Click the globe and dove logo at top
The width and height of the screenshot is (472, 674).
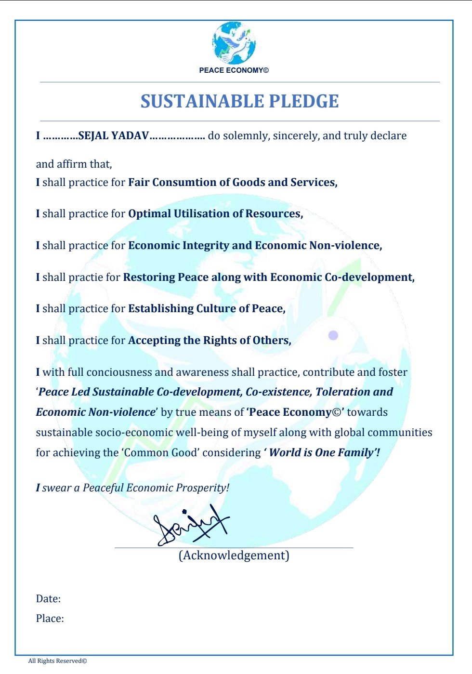pos(234,43)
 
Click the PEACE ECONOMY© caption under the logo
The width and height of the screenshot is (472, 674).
pos(234,70)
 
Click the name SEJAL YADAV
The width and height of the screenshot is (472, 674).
pos(114,136)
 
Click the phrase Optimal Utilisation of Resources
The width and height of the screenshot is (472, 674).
pos(215,214)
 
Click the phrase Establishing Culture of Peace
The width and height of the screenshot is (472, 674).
pos(206,309)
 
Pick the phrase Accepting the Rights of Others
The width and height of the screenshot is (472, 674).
pos(209,341)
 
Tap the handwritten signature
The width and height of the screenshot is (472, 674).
pos(192,527)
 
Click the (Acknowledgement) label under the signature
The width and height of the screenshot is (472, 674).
pos(234,555)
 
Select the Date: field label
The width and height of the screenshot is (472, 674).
pos(48,599)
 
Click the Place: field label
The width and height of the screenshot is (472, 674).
pos(50,619)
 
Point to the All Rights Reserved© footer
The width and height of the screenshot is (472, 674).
pos(57,661)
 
